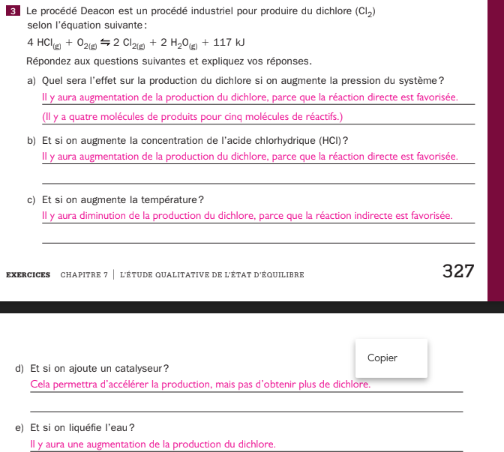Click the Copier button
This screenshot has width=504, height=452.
click(x=382, y=358)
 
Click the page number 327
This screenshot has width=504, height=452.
click(x=458, y=271)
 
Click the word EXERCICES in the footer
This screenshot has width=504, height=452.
click(x=28, y=274)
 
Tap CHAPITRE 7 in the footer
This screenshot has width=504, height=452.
click(x=84, y=274)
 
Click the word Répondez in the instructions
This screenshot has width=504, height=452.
click(x=49, y=61)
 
